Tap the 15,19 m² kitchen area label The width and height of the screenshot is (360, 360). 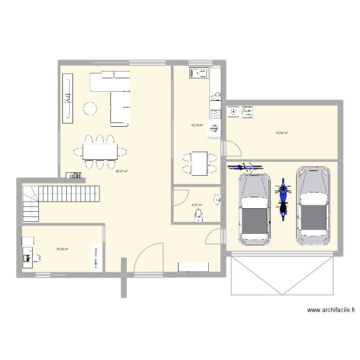pos(197,126)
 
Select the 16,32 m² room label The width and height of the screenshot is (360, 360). pos(281,133)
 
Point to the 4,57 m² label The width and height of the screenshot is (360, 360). pos(197,205)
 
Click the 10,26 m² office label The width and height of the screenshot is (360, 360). pos(62,249)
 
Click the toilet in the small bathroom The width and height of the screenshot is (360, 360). pos(198,218)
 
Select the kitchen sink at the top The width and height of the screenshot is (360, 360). pos(198,73)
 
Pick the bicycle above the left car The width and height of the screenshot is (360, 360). pos(245,167)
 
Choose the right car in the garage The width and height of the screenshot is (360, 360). pos(313,205)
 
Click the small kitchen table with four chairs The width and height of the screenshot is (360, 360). pos(198,163)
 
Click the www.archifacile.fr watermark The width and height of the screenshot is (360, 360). pos(331,311)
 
